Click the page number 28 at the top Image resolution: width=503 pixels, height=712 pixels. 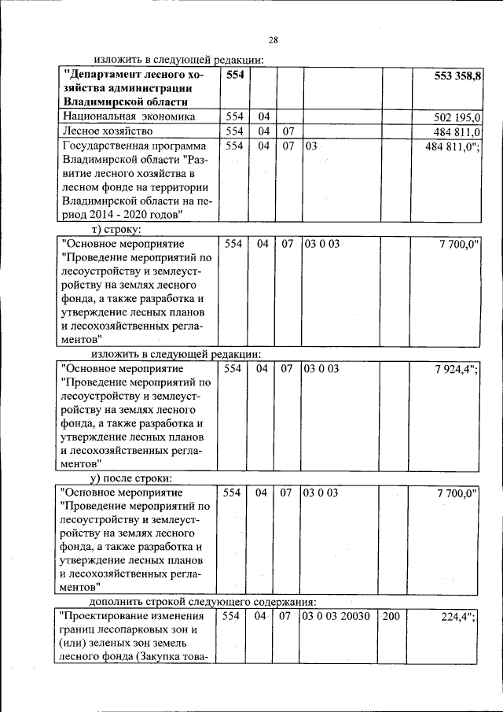coord(273,40)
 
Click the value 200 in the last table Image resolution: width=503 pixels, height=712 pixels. coord(391,617)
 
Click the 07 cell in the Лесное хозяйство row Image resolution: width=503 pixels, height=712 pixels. coord(288,131)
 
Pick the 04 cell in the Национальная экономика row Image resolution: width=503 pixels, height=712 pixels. coord(262,116)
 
